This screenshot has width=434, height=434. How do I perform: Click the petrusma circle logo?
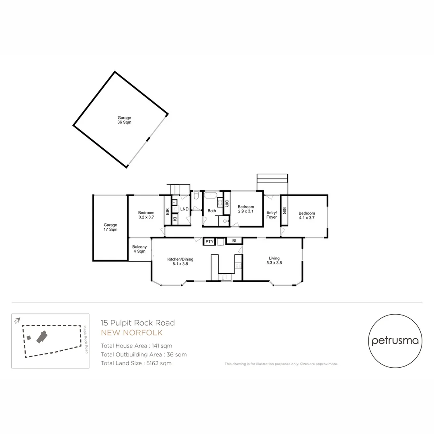click(x=395, y=340)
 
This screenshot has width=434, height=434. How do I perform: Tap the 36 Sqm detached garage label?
click(x=124, y=120)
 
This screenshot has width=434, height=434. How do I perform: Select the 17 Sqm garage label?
click(x=111, y=227)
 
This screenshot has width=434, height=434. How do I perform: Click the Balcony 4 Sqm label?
click(x=139, y=249)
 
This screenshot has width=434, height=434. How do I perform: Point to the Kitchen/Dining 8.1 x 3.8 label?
click(x=178, y=262)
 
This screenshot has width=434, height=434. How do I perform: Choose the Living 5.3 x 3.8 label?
click(x=274, y=261)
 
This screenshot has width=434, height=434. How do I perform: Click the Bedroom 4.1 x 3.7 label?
click(x=307, y=216)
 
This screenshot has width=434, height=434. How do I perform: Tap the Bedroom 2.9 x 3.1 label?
click(x=246, y=209)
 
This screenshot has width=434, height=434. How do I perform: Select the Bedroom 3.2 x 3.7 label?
click(x=146, y=215)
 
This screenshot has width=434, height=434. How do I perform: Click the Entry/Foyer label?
click(x=272, y=215)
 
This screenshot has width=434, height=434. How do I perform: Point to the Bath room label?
click(x=212, y=211)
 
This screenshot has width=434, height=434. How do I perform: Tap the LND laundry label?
click(x=184, y=209)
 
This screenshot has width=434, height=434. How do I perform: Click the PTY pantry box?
click(x=209, y=242)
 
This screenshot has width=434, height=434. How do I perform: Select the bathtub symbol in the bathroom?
click(x=210, y=196)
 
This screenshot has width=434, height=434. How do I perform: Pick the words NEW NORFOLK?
click(x=132, y=333)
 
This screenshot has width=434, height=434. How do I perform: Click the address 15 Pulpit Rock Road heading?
click(x=138, y=323)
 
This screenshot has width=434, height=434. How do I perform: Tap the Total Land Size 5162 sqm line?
click(x=136, y=363)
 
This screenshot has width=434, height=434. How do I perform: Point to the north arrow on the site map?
click(x=16, y=321)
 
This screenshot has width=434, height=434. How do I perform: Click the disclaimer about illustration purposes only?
click(x=281, y=364)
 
